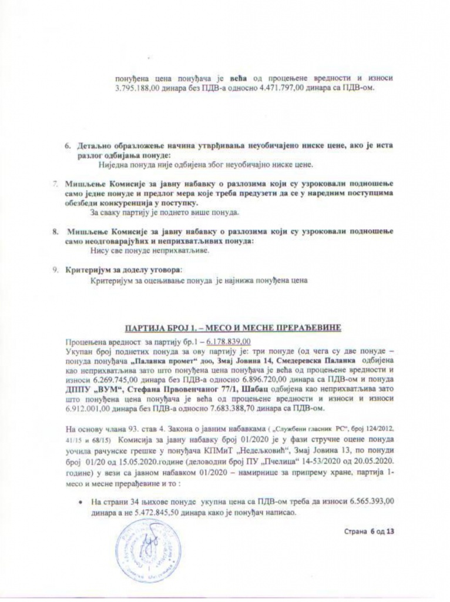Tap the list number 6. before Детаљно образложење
pos(66,145)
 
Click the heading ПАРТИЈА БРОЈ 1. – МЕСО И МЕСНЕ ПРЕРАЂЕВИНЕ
pos(229,327)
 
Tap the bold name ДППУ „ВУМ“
pos(85,383)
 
